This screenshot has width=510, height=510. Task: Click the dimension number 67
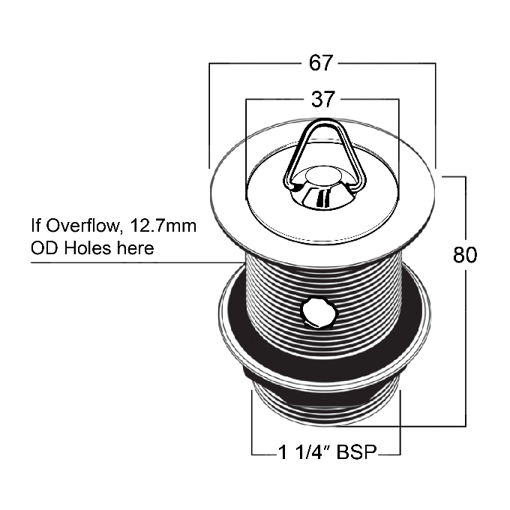coord(321,63)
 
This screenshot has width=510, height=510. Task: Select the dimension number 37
coord(322,99)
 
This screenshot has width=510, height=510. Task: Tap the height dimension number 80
coord(465,255)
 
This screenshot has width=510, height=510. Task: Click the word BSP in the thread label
coord(356,451)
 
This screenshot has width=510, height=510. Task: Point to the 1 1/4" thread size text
coord(305,451)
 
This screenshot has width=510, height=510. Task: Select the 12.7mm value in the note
coord(163,226)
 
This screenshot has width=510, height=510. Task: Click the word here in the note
coord(136,249)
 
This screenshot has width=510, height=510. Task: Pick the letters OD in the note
coord(44,248)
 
